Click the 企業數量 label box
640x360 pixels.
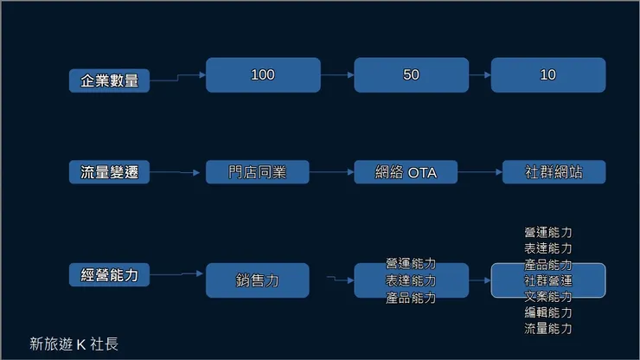[x=109, y=81]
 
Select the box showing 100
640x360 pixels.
[x=263, y=75]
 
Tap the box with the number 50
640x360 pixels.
[x=411, y=75]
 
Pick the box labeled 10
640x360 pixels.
[x=547, y=75]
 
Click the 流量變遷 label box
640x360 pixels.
[x=109, y=172]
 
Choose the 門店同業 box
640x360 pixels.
[x=257, y=172]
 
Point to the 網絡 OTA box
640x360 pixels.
[x=406, y=172]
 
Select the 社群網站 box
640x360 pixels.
[x=554, y=172]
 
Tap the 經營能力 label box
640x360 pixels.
[x=109, y=275]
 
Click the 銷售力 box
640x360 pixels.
[x=257, y=280]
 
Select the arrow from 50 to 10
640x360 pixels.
[x=480, y=75]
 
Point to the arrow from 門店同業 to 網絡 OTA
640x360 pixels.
[x=331, y=172]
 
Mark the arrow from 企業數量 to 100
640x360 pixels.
[x=177, y=78]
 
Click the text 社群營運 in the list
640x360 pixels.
[x=547, y=280]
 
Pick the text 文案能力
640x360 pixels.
[x=547, y=297]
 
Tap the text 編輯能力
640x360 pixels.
[x=547, y=312]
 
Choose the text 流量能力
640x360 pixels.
[x=547, y=329]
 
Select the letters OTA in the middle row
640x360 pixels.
[x=422, y=172]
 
